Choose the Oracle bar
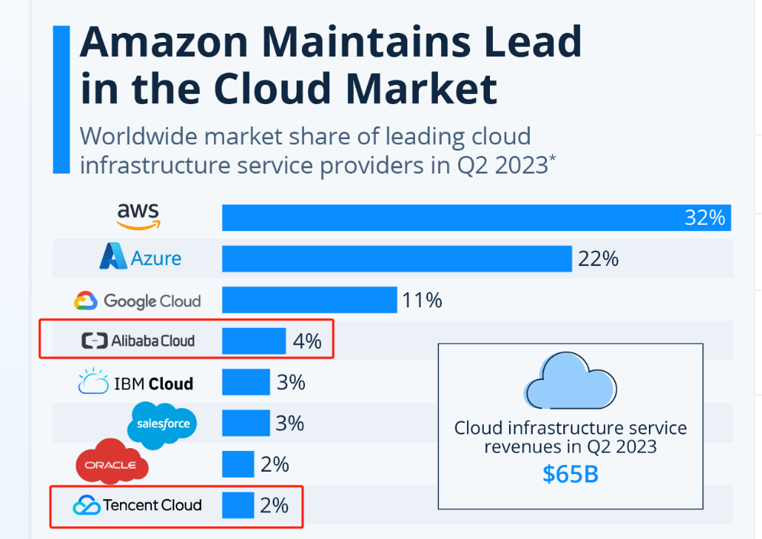[238, 464]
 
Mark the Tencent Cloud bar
[238, 505]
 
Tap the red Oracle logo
[112, 463]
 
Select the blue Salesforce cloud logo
[163, 424]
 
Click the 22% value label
[598, 259]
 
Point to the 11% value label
[422, 300]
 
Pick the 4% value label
[307, 341]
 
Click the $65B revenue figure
[570, 473]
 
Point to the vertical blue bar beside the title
[61, 99]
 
